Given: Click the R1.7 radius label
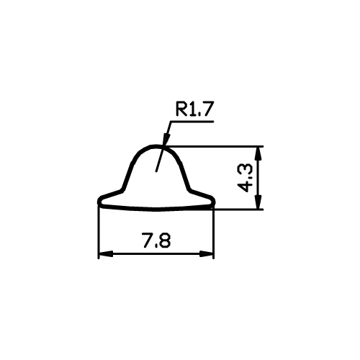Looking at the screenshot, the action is pos(194,109).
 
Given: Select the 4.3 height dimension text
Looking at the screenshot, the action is pos(245,178).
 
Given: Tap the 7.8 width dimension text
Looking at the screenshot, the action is pos(156,240).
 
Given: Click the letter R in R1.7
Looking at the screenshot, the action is pos(181,109).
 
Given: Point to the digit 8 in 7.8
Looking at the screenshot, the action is pos(165,240).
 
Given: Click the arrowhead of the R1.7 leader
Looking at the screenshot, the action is pos(166,139).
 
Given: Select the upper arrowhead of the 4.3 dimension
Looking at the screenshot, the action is pos(258,154).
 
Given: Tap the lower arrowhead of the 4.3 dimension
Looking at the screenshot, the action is pos(258,202).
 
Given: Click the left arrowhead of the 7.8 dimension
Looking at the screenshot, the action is pos(106,254).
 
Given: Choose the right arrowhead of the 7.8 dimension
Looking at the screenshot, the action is pos(207,254).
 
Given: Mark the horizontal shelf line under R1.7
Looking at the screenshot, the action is pos(192,122).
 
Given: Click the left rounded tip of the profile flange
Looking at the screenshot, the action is pos(99,201).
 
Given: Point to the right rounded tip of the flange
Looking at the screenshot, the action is pos(213,201).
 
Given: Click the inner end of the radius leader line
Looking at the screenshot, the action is pos(156,171).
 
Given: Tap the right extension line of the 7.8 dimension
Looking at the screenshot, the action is pos(213,233).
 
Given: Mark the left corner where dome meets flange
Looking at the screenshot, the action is pos(122,189).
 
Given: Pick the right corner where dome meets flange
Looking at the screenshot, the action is pos(189,189).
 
